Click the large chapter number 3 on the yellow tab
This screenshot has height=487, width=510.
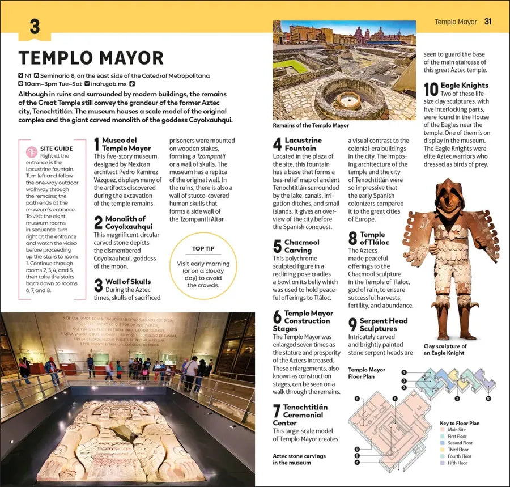[35, 27]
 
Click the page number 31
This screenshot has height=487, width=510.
[488, 22]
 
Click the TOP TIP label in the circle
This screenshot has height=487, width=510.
[203, 248]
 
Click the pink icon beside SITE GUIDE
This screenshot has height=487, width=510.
[32, 151]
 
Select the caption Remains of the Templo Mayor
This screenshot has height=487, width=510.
[311, 125]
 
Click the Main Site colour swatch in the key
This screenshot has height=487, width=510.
[443, 429]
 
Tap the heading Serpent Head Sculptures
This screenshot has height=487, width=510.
[383, 324]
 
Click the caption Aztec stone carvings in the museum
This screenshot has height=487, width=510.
[299, 459]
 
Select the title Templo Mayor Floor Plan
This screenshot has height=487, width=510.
[367, 373]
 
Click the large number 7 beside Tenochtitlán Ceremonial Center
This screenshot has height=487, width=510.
[277, 411]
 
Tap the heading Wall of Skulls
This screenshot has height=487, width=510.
[128, 282]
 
